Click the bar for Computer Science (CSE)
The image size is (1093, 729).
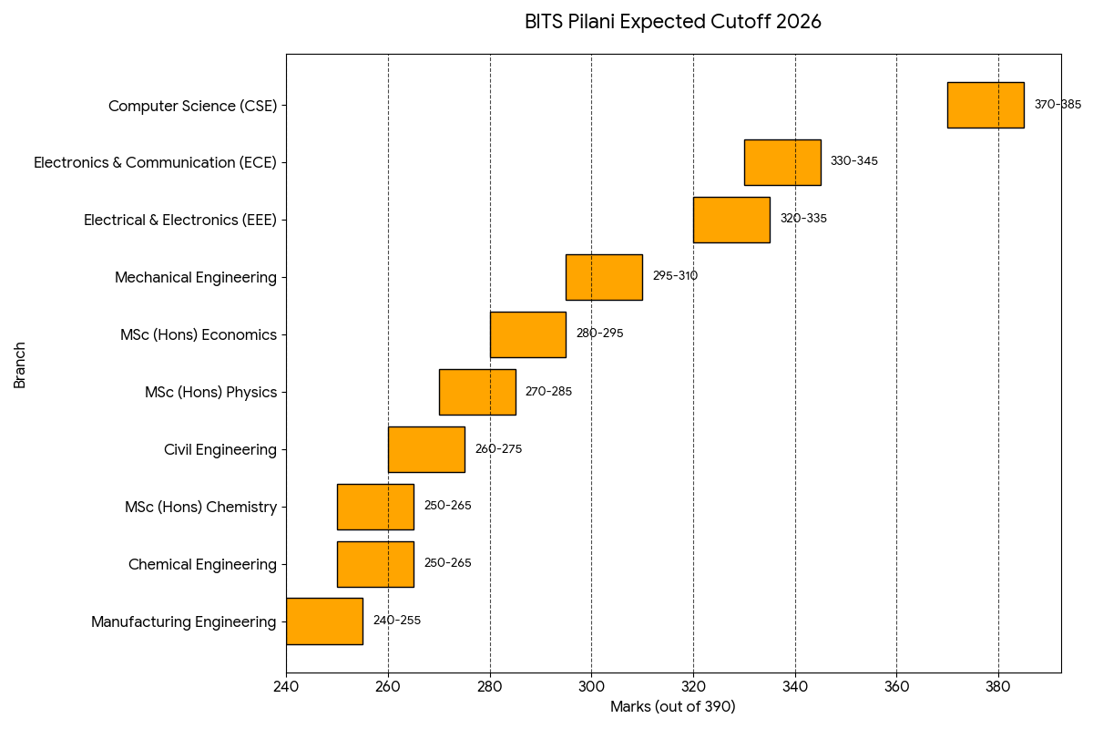click(x=986, y=105)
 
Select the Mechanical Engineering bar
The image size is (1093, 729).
click(x=604, y=277)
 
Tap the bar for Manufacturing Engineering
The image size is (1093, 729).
click(x=324, y=621)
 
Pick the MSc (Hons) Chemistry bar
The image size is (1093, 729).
click(x=375, y=507)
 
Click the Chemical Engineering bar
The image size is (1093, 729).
click(x=375, y=564)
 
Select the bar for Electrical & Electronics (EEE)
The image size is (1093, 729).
click(x=731, y=220)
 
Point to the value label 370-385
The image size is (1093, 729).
click(x=1057, y=105)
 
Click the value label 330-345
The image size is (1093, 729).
click(x=853, y=161)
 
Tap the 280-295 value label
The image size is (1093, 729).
click(x=599, y=334)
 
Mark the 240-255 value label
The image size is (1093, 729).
click(x=396, y=621)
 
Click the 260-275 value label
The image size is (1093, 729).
click(x=498, y=449)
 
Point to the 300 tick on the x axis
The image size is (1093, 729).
click(x=591, y=685)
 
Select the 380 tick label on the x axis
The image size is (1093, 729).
click(x=998, y=685)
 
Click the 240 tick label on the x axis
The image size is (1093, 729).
click(x=286, y=685)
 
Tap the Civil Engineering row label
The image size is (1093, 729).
click(x=220, y=449)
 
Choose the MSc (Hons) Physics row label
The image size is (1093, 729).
click(x=210, y=392)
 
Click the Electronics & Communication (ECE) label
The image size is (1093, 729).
click(x=155, y=162)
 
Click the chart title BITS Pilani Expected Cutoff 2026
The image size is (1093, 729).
click(x=672, y=22)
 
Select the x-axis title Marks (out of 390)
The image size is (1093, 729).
click(x=672, y=707)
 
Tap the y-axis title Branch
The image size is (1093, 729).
click(x=20, y=364)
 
